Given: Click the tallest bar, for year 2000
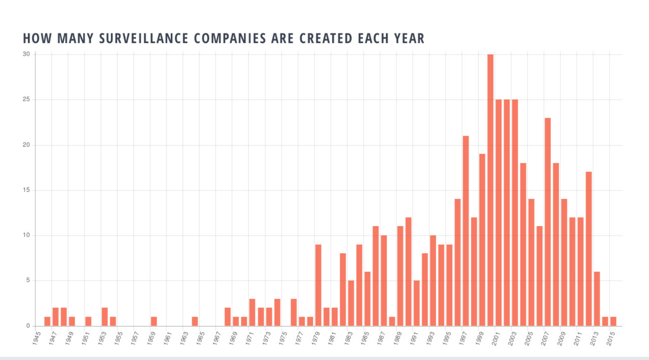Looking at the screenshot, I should [490, 190].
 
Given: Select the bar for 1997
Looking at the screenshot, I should [466, 231].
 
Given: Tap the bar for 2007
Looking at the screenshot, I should [548, 222].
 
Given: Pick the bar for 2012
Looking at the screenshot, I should [588, 249].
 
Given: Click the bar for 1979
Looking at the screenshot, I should [318, 285].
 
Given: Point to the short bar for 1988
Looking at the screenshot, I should [392, 321].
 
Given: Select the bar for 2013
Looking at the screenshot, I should [597, 298].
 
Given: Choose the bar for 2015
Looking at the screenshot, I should [613, 321].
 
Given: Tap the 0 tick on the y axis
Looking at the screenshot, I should [28, 326].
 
